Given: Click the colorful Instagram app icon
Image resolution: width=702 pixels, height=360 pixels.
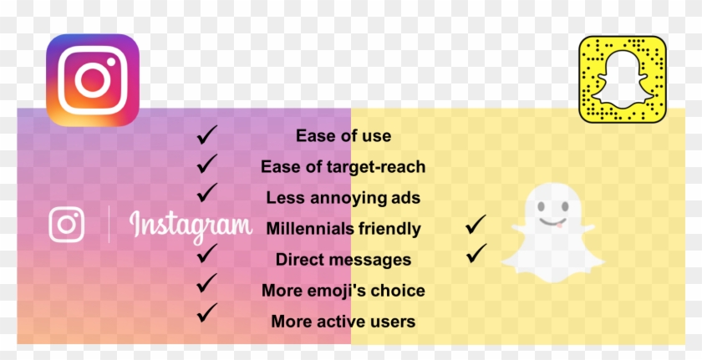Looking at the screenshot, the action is coord(93,80).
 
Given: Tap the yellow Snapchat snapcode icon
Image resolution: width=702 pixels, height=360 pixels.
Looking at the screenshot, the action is coord(623,79).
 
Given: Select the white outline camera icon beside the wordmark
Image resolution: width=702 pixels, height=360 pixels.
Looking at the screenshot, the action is coord(66,225).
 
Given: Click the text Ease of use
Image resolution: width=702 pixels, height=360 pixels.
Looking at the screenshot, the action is coord(343,136).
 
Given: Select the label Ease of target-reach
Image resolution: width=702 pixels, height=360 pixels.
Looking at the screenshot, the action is coord(343,167).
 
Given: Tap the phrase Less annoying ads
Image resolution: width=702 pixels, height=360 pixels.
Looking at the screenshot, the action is coord(343,198).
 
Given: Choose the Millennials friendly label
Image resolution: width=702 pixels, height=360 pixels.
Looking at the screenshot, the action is coord(343,229).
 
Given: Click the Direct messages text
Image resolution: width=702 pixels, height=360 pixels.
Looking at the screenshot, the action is coord(343,260).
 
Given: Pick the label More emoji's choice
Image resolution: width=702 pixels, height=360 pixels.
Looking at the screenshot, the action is coord(343,291).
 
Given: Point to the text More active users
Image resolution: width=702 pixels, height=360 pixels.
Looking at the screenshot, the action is coord(343,322).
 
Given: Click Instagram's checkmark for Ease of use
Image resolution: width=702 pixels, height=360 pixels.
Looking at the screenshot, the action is coord(206,135).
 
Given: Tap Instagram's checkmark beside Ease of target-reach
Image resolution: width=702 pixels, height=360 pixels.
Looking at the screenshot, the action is coord(206,164).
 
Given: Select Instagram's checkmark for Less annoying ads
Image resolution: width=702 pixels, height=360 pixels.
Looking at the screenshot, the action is coord(206,193).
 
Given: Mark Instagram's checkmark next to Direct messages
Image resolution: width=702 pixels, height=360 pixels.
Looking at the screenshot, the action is coord(206,254).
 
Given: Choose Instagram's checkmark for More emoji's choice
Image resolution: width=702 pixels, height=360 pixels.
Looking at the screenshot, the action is coord(206,283).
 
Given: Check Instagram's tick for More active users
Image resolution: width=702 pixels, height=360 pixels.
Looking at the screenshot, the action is coord(206,313).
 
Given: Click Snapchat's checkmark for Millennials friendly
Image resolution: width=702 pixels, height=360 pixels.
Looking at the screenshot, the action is coord(476,225).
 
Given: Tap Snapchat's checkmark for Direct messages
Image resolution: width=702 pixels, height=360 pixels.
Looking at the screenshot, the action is coord(476,254).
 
